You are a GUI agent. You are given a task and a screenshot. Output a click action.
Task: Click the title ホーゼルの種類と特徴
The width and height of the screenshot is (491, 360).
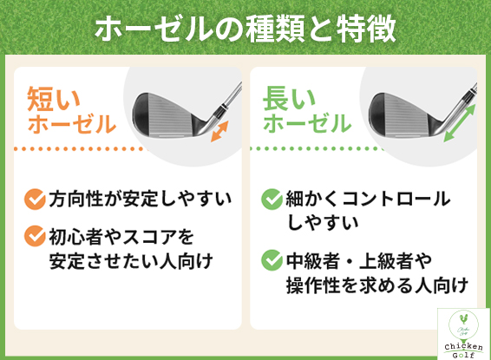pos(245,29)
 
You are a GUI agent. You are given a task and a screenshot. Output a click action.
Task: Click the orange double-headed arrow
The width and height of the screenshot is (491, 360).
pos(219,132)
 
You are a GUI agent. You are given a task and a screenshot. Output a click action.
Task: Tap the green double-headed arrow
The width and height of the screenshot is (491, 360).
pos(460,123)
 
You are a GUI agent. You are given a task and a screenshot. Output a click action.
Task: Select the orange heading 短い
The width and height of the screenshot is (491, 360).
pos(54,99)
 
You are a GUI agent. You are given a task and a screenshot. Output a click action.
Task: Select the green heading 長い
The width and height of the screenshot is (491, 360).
pos(289,99)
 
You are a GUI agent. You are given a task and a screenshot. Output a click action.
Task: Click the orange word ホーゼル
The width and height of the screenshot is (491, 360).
pos(72,124)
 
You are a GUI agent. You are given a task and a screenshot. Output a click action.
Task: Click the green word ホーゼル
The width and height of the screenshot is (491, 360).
pos(307,123)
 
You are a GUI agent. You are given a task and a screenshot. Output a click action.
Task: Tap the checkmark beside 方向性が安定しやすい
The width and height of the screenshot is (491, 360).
pos(35,200)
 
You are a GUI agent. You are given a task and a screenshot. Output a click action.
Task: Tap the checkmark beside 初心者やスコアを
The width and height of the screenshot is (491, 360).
pos(35,236)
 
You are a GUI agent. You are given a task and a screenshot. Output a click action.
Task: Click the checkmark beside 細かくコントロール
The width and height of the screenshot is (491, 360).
pos(272,200)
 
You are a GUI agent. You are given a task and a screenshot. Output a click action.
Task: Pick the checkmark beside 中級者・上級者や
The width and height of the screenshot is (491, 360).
pos(272,260)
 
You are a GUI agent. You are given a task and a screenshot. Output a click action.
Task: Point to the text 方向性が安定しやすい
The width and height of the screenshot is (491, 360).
pos(140,200)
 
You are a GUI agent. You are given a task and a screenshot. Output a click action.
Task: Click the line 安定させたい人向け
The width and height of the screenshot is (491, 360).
pos(131,261)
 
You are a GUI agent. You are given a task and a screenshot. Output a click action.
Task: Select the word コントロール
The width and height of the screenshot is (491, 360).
pos(396,200)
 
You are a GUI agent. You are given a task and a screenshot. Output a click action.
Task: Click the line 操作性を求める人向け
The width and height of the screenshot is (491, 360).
pos(377,285)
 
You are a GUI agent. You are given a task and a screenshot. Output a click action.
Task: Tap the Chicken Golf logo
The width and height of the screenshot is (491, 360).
pos(463,334)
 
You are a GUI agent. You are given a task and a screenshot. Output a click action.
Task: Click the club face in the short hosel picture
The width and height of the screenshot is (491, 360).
pos(166,116)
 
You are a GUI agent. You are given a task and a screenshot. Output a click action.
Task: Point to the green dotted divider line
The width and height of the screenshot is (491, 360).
pos(318,148)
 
